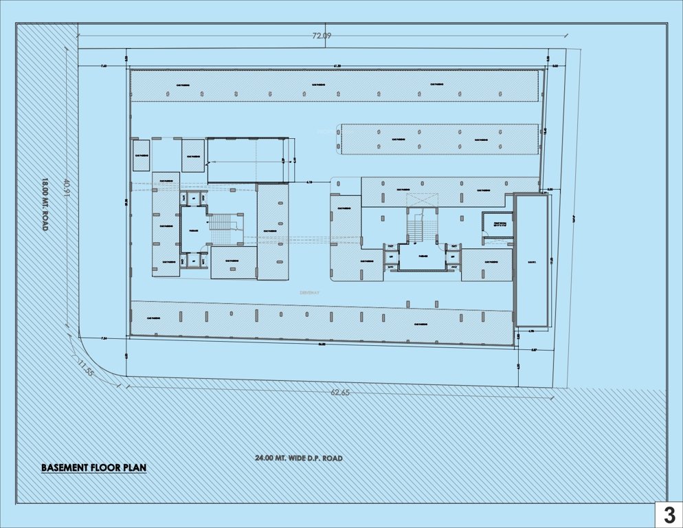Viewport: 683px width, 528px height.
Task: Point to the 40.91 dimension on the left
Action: [x=66, y=188]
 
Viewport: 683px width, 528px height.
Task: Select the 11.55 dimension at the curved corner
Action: [x=86, y=368]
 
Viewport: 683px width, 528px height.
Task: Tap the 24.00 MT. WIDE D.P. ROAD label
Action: [x=298, y=458]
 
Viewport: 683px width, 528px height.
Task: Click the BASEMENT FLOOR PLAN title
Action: [x=93, y=468]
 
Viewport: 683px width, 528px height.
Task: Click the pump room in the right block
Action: [x=496, y=223]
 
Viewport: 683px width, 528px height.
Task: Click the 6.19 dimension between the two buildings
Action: [x=309, y=182]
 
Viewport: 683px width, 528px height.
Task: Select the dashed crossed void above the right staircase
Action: [x=422, y=200]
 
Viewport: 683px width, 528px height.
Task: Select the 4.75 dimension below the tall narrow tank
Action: [x=532, y=331]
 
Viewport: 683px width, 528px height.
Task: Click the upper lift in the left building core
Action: [x=194, y=199]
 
